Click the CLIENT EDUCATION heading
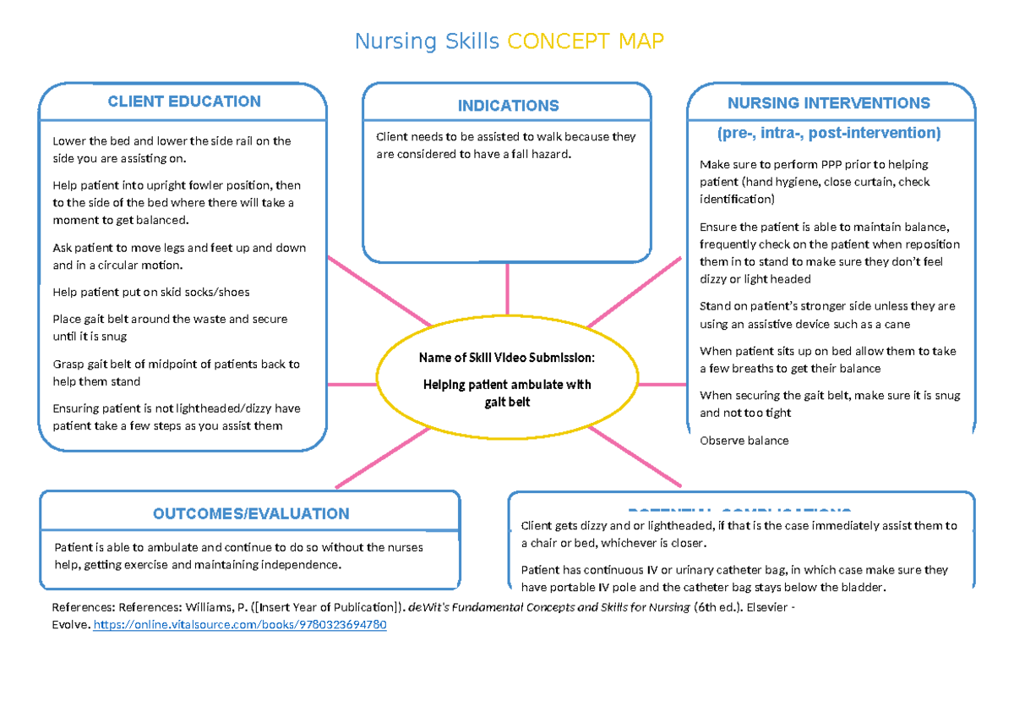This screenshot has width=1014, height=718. [x=184, y=101]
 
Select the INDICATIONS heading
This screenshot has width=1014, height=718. [x=508, y=106]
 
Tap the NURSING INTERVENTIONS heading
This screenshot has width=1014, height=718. [x=828, y=103]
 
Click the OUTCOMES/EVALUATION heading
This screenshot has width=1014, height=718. [x=251, y=513]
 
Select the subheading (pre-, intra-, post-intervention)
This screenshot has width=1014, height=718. [x=828, y=133]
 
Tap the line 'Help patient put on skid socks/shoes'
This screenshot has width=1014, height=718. [x=151, y=292]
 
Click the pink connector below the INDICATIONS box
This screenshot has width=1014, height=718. [x=507, y=288]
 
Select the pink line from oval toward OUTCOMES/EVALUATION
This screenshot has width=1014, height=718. [x=384, y=458]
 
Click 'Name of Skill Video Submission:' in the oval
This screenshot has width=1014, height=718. [x=507, y=358]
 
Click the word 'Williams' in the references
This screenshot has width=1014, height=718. [x=210, y=607]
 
